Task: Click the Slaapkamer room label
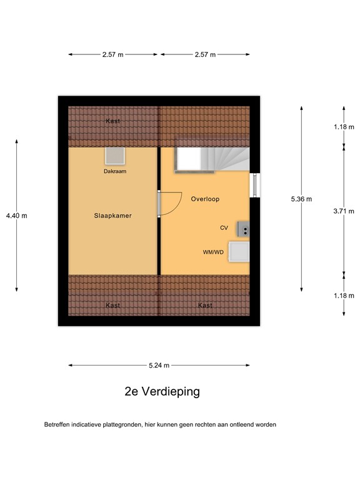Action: click(x=112, y=216)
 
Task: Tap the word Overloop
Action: click(x=205, y=199)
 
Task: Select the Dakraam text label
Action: click(x=115, y=171)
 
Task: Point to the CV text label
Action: click(x=224, y=228)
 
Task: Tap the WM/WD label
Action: click(x=213, y=252)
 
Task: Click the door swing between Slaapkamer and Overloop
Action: click(x=169, y=203)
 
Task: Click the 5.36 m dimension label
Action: click(x=301, y=199)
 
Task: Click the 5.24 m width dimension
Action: click(x=159, y=366)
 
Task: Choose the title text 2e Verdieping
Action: click(x=162, y=392)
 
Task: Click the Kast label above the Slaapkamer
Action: click(x=112, y=121)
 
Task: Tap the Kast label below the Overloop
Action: click(x=204, y=306)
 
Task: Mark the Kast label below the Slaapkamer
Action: click(x=112, y=306)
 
